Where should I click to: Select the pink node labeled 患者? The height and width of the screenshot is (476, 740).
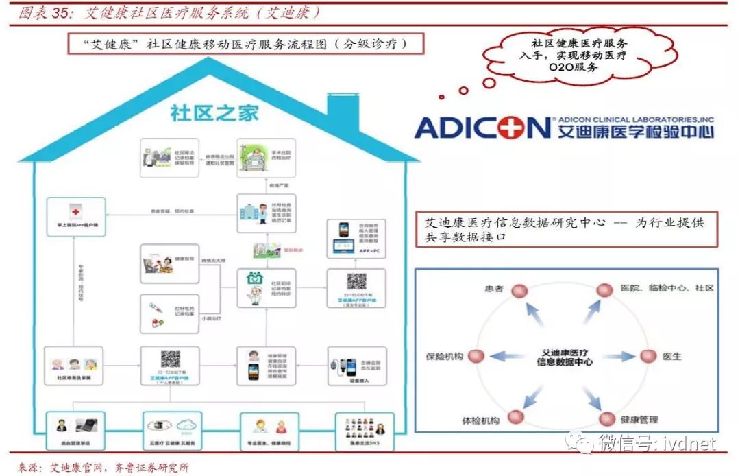[518, 289]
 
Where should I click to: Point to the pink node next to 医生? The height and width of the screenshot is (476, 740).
[647, 356]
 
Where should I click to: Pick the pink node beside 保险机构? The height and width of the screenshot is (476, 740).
[477, 356]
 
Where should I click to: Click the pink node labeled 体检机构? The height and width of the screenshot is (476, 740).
[515, 417]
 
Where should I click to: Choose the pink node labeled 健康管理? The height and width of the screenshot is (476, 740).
[606, 418]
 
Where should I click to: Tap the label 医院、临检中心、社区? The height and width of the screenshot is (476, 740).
[667, 288]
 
